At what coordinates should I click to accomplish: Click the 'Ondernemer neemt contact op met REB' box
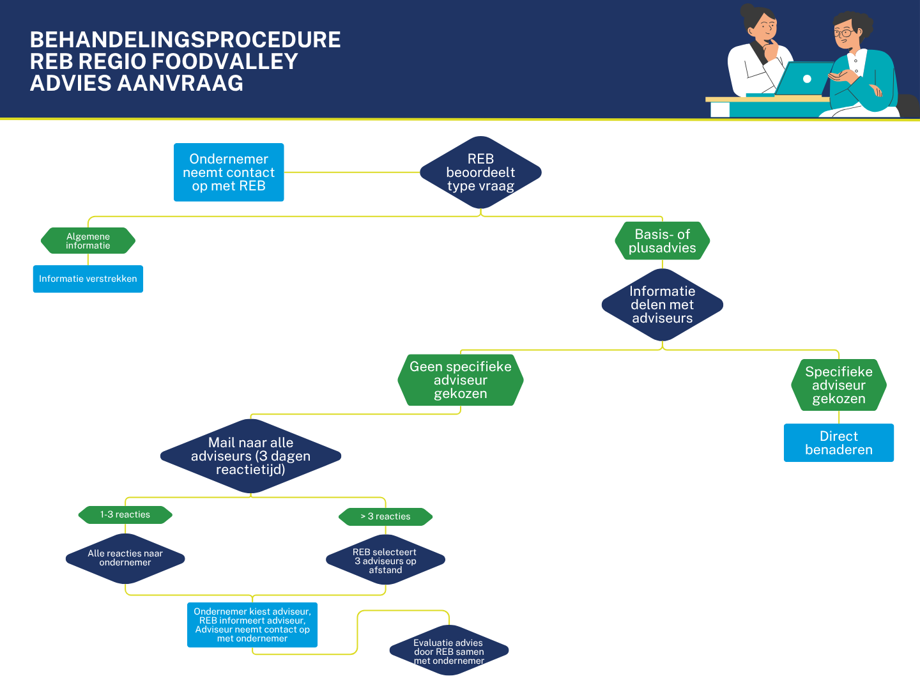[x=229, y=172]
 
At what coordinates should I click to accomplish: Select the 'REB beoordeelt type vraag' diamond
[x=480, y=172]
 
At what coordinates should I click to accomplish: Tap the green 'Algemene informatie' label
[x=88, y=241]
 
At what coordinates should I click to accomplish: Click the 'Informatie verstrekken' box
[x=88, y=279]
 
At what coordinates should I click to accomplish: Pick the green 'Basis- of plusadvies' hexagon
[x=662, y=241]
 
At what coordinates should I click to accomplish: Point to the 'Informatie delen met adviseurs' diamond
[x=662, y=305]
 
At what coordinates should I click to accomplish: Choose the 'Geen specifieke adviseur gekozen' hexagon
[x=460, y=380]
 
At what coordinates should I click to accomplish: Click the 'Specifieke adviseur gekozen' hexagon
[x=838, y=385]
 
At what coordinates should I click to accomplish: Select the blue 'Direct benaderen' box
[x=838, y=443]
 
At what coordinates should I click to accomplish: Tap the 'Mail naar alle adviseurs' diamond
[x=250, y=456]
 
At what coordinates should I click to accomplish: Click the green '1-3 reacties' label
[x=125, y=515]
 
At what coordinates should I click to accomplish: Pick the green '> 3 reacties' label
[x=385, y=517]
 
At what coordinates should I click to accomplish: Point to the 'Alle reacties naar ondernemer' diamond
[x=125, y=558]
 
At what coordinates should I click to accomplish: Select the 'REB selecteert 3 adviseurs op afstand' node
[x=385, y=561]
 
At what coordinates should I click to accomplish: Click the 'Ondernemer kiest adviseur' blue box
[x=252, y=625]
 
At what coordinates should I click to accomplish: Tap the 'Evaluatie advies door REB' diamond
[x=448, y=651]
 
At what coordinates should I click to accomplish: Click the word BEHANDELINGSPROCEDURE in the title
[x=185, y=40]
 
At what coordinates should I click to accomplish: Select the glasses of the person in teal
[x=843, y=33]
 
